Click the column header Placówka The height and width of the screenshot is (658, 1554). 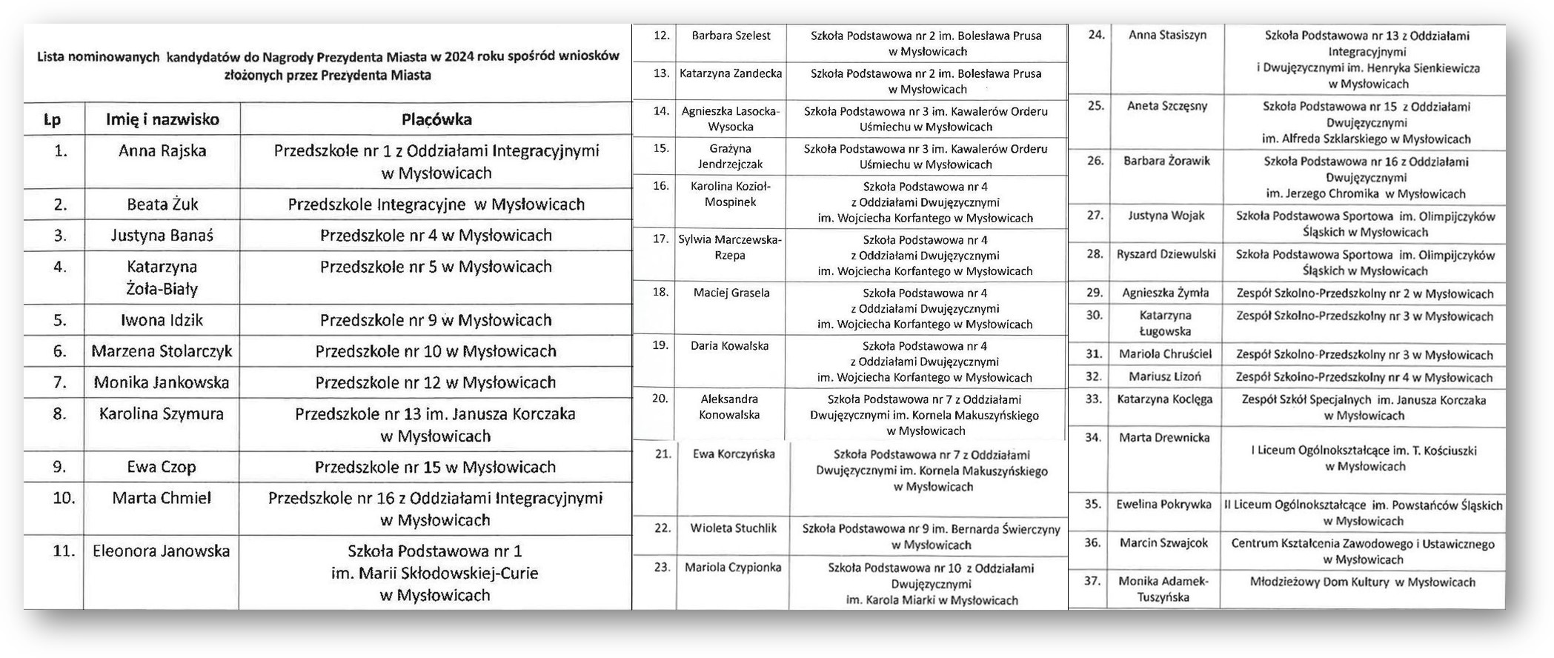tap(436, 119)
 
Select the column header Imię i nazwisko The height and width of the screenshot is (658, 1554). tap(162, 119)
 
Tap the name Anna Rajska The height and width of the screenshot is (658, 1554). tap(162, 151)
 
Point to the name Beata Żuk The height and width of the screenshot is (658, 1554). tap(162, 205)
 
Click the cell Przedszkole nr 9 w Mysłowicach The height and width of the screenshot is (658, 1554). tap(436, 320)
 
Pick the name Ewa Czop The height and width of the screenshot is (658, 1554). tap(162, 467)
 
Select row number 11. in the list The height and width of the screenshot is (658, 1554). tap(64, 551)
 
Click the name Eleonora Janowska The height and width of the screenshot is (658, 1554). tap(161, 551)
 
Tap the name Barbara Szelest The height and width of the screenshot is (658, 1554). tap(731, 36)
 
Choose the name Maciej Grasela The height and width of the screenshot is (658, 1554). tap(731, 293)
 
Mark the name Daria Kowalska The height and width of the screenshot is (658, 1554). tap(729, 345)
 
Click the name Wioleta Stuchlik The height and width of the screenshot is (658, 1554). tap(733, 528)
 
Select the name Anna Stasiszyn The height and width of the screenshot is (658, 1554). tap(1167, 35)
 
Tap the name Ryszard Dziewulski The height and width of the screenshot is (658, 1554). tap(1166, 254)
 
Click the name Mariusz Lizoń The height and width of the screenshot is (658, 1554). tap(1165, 377)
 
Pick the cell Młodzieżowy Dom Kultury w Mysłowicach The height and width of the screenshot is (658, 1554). tap(1362, 582)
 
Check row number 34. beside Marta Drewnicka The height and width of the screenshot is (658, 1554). tap(1093, 437)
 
